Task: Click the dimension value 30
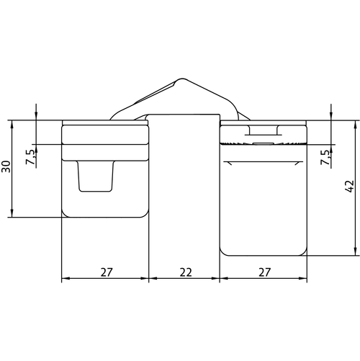point(6,166)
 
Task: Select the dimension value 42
point(351,186)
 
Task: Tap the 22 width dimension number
point(186,272)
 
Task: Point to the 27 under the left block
point(107,272)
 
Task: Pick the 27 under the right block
point(264,272)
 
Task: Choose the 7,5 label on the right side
point(326,157)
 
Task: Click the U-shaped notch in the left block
point(96,177)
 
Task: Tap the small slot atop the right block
point(264,130)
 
